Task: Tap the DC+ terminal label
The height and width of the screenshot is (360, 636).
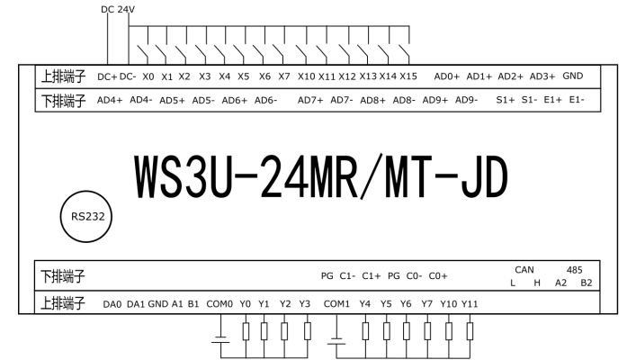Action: pos(107,76)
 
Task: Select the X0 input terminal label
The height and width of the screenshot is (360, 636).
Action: pos(148,76)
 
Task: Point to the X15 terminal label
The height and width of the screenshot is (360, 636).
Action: pos(408,76)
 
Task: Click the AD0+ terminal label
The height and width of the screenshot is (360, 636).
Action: pos(447,76)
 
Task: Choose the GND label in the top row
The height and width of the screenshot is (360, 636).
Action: pos(573,76)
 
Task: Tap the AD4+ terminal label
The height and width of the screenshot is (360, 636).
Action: pos(110,100)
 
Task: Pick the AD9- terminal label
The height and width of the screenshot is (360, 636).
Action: pos(466,100)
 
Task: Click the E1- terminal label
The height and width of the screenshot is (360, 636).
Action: pos(577,100)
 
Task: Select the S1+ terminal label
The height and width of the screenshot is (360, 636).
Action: pos(506,100)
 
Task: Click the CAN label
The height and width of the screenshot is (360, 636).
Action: pos(524,268)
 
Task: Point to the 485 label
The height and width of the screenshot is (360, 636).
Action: pos(575,268)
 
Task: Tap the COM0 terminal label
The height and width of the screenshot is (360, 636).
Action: pos(219,303)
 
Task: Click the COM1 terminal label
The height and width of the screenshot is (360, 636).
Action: pos(336,303)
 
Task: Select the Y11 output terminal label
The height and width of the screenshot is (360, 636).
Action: pos(470,303)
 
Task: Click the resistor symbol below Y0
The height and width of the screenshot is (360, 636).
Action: pos(245,331)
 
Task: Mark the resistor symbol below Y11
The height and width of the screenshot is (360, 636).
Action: pos(470,331)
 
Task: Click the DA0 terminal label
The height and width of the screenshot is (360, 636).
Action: pos(112,303)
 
